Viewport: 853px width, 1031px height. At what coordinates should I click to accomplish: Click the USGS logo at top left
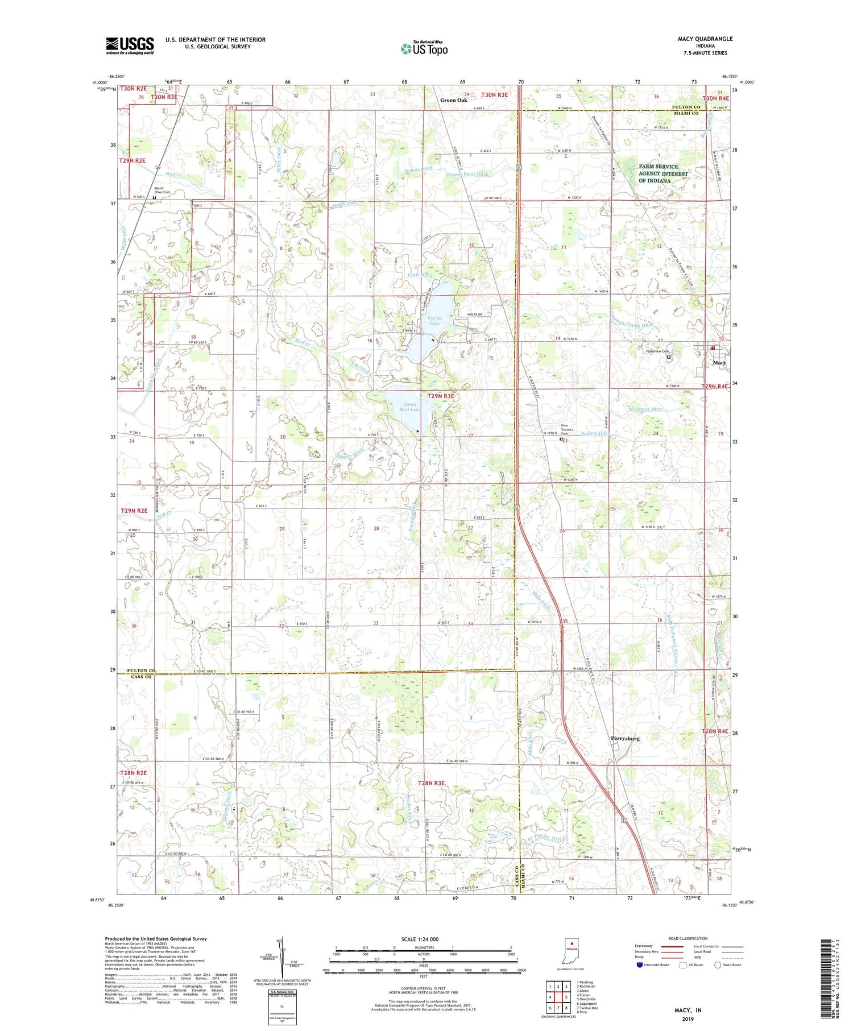pos(130,45)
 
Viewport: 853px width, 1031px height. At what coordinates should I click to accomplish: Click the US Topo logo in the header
pos(424,48)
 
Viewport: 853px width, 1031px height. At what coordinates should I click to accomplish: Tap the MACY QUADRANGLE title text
pos(705,39)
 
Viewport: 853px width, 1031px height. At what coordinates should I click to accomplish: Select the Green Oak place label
pos(453,100)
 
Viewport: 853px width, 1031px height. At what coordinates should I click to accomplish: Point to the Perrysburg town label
pos(625,738)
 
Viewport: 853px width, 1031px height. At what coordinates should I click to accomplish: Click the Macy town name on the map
pos(719,362)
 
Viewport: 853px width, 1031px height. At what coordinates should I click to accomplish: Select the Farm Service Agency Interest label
pos(662,173)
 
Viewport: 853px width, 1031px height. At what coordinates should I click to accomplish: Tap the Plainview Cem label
pos(656,351)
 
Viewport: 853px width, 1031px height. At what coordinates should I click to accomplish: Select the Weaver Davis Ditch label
pos(467,174)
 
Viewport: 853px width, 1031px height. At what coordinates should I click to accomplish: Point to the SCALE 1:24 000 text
pos(420,939)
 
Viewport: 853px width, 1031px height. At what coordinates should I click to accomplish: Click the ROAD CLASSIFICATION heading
pos(688,938)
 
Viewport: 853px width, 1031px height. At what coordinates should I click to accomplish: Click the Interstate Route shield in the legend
pos(640,964)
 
